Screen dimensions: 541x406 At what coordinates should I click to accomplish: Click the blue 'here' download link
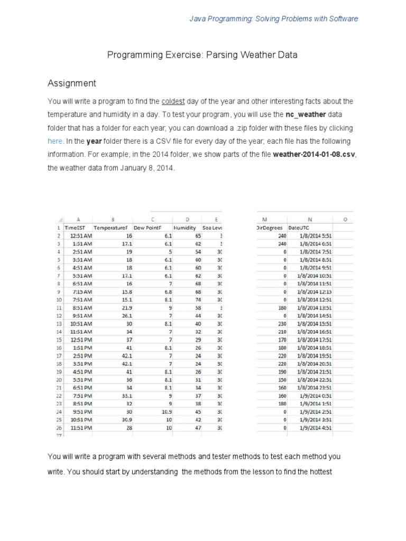pyautogui.click(x=55, y=142)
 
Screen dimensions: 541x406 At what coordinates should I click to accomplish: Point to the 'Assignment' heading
pyautogui.click(x=72, y=83)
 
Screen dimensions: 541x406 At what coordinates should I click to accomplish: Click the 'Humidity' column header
pyautogui.click(x=185, y=227)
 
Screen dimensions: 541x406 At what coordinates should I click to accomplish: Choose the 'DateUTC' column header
pyautogui.click(x=299, y=227)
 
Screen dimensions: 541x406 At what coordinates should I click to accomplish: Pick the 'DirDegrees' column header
pyautogui.click(x=270, y=227)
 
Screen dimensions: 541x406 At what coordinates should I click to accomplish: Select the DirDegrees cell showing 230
pyautogui.click(x=281, y=323)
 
